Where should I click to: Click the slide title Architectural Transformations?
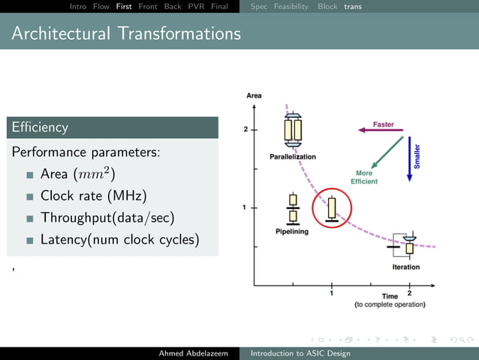pyautogui.click(x=126, y=34)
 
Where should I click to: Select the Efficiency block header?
pyautogui.click(x=40, y=128)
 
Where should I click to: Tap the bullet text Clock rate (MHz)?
pyautogui.click(x=93, y=195)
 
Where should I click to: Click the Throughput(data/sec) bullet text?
pyautogui.click(x=107, y=218)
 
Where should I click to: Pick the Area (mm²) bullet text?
pyautogui.click(x=77, y=174)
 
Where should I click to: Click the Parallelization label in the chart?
pyautogui.click(x=293, y=156)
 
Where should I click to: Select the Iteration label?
pyautogui.click(x=406, y=268)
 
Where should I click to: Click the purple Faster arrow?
pyautogui.click(x=381, y=130)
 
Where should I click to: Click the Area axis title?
pyautogui.click(x=254, y=95)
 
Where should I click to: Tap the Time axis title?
pyautogui.click(x=390, y=297)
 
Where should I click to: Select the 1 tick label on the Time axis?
pyautogui.click(x=332, y=293)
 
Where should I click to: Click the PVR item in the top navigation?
pyautogui.click(x=196, y=6)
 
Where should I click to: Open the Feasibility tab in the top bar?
pyautogui.click(x=291, y=6)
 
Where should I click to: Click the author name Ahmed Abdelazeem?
pyautogui.click(x=193, y=353)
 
